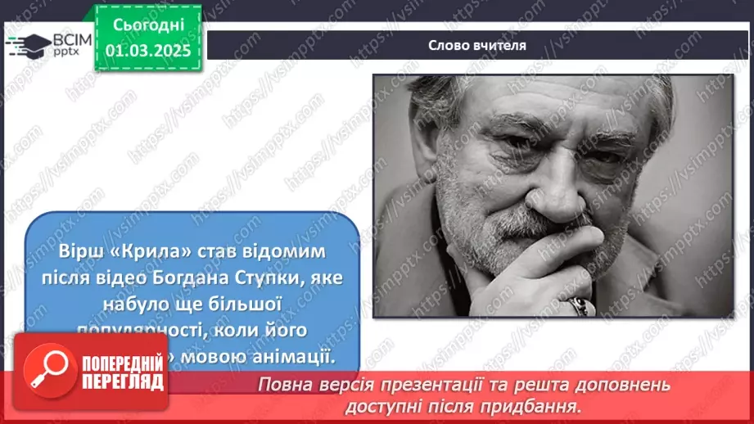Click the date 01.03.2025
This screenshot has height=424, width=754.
pyautogui.click(x=147, y=51)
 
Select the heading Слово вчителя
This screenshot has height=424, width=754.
pyautogui.click(x=477, y=46)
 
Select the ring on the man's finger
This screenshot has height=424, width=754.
pyautogui.click(x=580, y=306)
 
